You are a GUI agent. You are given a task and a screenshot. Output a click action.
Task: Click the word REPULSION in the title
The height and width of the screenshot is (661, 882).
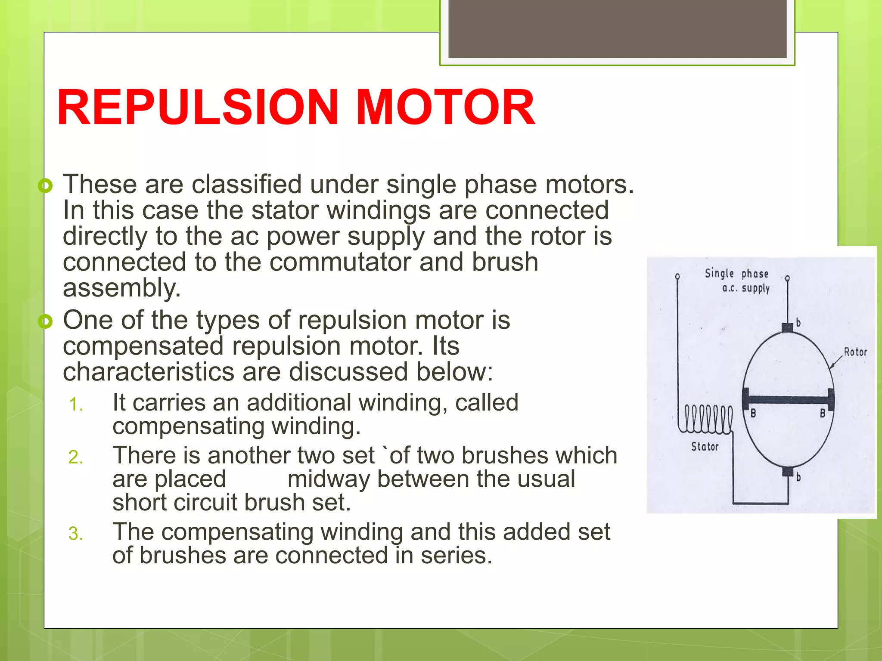[x=198, y=107]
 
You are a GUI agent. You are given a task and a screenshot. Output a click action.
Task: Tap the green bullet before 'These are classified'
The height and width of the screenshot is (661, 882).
[x=45, y=186]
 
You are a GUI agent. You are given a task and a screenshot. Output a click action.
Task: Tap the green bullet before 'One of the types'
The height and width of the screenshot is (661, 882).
[x=45, y=321]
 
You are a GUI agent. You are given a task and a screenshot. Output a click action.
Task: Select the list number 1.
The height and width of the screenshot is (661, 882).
[x=76, y=405]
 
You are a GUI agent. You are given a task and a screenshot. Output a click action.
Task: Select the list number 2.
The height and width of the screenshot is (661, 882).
[x=76, y=457]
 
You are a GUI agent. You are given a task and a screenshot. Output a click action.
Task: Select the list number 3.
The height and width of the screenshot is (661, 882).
[x=76, y=534]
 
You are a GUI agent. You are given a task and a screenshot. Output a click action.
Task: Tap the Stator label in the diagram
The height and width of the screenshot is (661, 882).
[x=705, y=447]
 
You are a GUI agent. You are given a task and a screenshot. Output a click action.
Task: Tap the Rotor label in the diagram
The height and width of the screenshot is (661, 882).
[x=855, y=352]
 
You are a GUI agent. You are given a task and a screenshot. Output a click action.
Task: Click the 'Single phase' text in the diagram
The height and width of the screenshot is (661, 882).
[x=736, y=274]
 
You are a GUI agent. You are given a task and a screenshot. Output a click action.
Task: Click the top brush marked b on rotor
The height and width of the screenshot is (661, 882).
[x=787, y=327]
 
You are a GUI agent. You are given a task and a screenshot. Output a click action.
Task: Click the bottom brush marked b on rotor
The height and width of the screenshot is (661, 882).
[x=788, y=471]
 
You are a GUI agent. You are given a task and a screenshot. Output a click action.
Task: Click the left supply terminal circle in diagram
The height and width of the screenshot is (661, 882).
[x=678, y=276]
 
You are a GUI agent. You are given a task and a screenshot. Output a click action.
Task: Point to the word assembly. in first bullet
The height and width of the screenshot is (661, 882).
[x=122, y=288]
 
